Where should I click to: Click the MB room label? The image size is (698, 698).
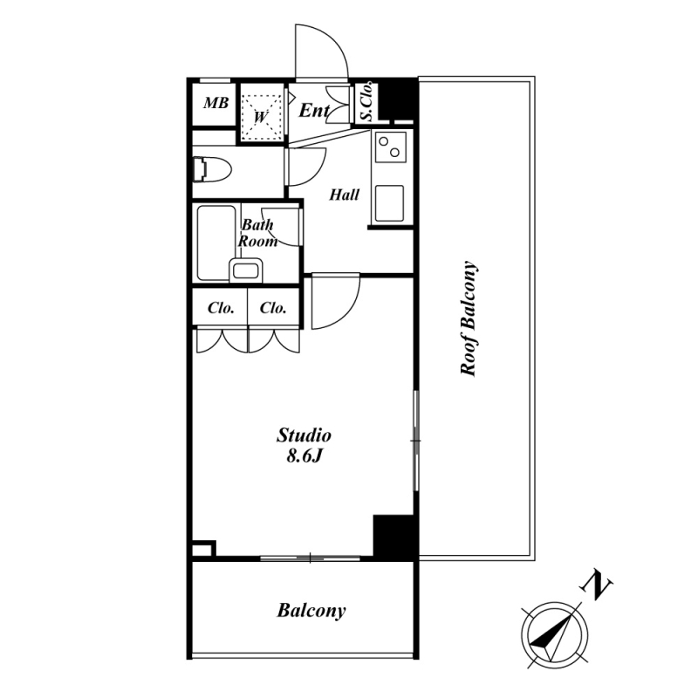pyautogui.click(x=216, y=103)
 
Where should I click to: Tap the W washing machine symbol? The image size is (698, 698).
pyautogui.click(x=261, y=117)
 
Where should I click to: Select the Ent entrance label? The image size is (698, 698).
pyautogui.click(x=314, y=110)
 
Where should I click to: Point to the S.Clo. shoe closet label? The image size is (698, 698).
pyautogui.click(x=366, y=101)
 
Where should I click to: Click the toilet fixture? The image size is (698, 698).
pyautogui.click(x=212, y=168)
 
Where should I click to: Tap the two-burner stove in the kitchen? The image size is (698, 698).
pyautogui.click(x=390, y=147)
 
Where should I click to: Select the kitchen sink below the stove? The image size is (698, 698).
pyautogui.click(x=389, y=203)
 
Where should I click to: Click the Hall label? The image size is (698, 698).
pyautogui.click(x=344, y=195)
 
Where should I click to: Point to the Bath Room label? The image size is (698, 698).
pyautogui.click(x=257, y=233)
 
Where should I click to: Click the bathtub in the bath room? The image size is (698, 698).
pyautogui.click(x=216, y=243)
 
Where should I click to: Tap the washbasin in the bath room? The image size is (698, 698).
pyautogui.click(x=246, y=270)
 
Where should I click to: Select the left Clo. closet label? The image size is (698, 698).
pyautogui.click(x=221, y=308)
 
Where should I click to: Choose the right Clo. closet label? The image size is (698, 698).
pyautogui.click(x=273, y=308)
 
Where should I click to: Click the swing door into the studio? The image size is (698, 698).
pyautogui.click(x=335, y=301)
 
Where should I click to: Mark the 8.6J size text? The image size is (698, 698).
pyautogui.click(x=304, y=455)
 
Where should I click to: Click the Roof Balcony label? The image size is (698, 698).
pyautogui.click(x=469, y=318)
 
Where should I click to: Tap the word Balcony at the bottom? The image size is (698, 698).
pyautogui.click(x=311, y=610)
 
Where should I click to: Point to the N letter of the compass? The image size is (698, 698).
pyautogui.click(x=596, y=585)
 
